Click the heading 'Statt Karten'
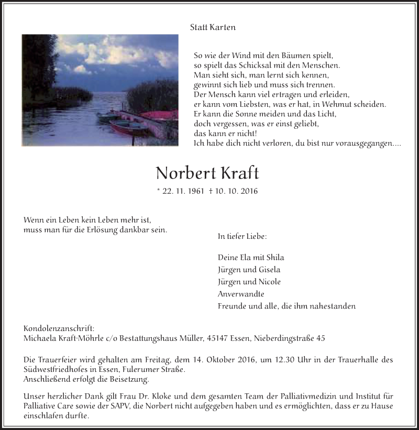212,27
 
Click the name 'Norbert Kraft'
207,172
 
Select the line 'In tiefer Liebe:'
242,236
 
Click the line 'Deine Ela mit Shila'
251,257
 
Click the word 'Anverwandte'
241,294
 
